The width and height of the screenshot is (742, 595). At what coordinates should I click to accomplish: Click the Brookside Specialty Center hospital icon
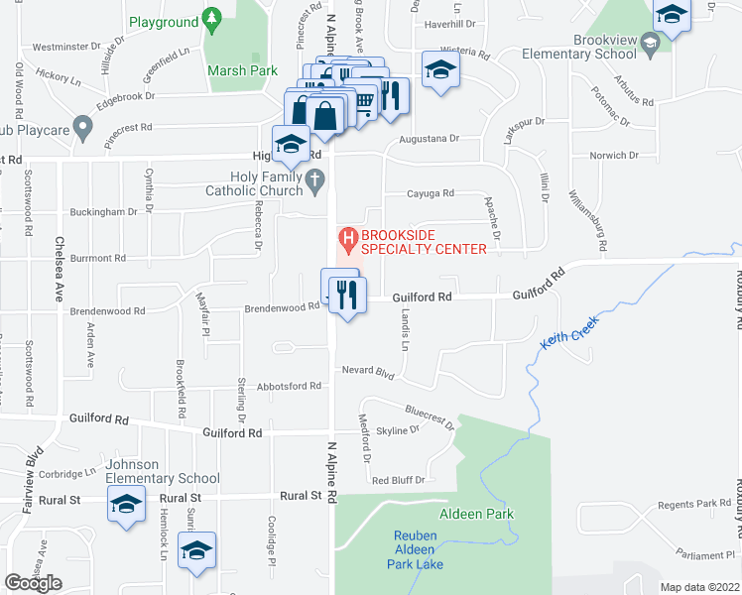[347, 239]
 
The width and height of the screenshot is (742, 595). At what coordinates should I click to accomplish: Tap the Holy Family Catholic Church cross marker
[314, 179]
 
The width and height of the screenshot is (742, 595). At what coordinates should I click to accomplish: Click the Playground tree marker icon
[210, 18]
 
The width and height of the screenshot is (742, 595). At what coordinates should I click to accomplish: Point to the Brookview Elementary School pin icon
[649, 42]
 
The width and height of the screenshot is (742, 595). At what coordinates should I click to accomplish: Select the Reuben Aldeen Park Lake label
[416, 549]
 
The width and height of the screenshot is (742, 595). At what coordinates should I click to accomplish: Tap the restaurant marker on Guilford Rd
[347, 297]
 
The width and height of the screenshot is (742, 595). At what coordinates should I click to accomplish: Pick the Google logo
[33, 583]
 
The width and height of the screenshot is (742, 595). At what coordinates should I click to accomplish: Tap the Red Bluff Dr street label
[398, 480]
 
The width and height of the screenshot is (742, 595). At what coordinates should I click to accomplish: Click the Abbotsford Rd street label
[289, 386]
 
